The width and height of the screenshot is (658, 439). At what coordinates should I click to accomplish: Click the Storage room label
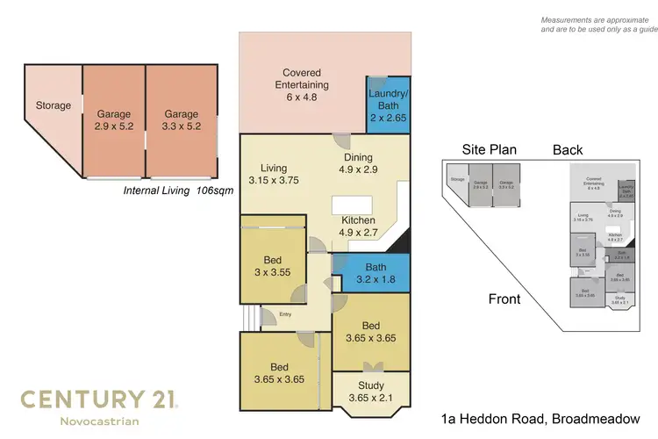pyautogui.click(x=53, y=106)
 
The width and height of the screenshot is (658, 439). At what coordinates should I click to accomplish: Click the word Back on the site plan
pyautogui.click(x=568, y=149)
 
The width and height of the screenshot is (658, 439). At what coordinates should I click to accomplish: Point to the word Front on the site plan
pyautogui.click(x=504, y=299)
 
